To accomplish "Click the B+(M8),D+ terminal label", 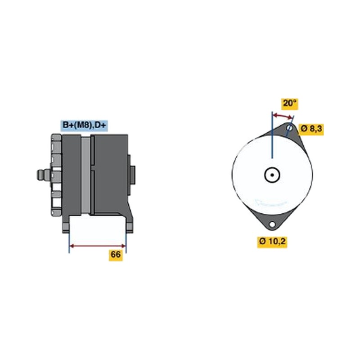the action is pyautogui.click(x=84, y=126).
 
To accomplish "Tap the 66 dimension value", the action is pyautogui.click(x=116, y=255).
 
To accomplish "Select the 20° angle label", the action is pyautogui.click(x=290, y=103).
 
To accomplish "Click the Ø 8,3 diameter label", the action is pyautogui.click(x=311, y=129).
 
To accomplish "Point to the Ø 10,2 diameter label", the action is pyautogui.click(x=272, y=241).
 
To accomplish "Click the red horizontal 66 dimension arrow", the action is pyautogui.click(x=98, y=246).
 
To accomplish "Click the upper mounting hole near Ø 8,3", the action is pyautogui.click(x=290, y=128).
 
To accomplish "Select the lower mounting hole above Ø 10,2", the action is pyautogui.click(x=272, y=224).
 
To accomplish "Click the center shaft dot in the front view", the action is pyautogui.click(x=272, y=175).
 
